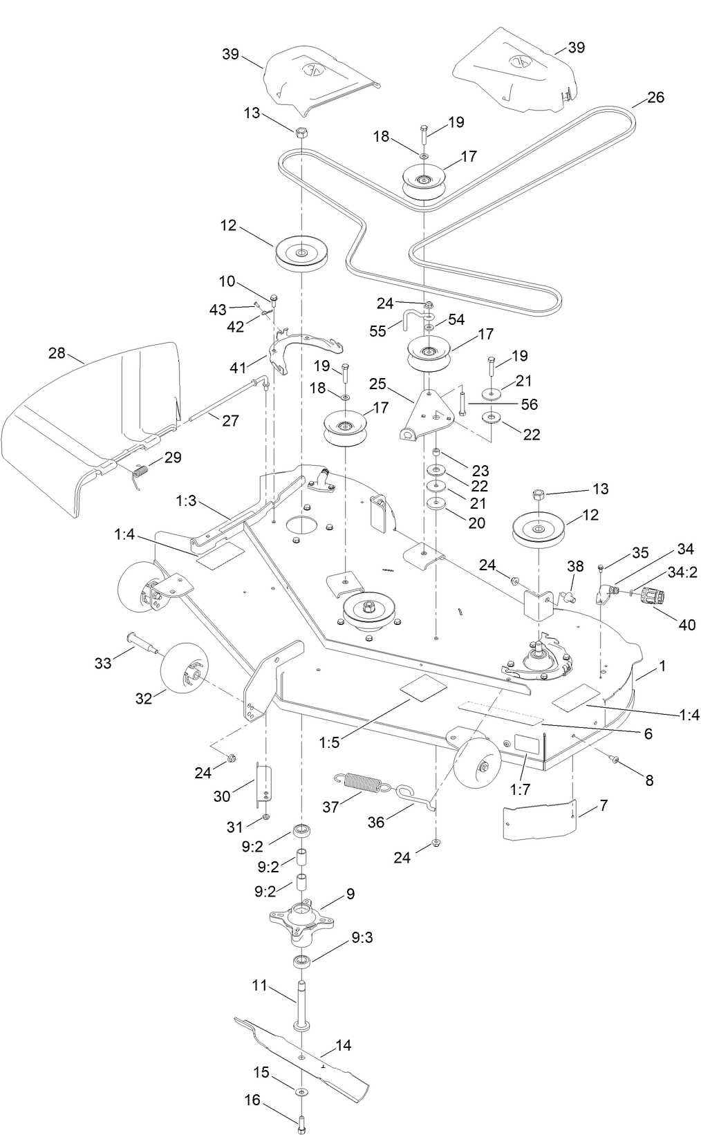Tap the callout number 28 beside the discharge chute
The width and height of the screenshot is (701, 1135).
(x=57, y=353)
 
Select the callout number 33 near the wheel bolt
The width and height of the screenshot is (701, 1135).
(x=102, y=664)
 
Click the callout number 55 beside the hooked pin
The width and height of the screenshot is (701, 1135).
(x=378, y=332)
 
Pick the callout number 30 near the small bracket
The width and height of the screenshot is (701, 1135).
(x=221, y=796)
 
